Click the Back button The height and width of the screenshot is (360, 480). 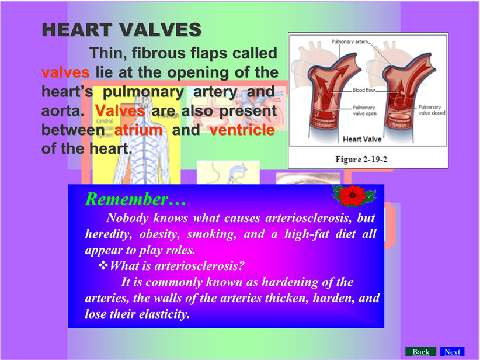[420, 352]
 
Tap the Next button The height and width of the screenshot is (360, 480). [452, 352]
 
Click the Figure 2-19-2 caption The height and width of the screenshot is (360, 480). [361, 160]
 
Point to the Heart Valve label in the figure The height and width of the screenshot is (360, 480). [362, 139]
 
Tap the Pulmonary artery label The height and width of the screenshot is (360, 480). [350, 41]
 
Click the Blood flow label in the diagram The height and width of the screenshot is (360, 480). [364, 90]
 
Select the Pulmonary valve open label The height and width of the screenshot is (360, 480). [364, 110]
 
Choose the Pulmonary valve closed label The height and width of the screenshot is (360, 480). [432, 110]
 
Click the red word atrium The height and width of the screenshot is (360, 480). [138, 130]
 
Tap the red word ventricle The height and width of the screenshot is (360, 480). [242, 130]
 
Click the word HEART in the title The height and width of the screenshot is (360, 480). [76, 30]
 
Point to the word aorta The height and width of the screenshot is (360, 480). [62, 110]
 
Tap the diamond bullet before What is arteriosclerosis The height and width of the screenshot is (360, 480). [103, 265]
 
